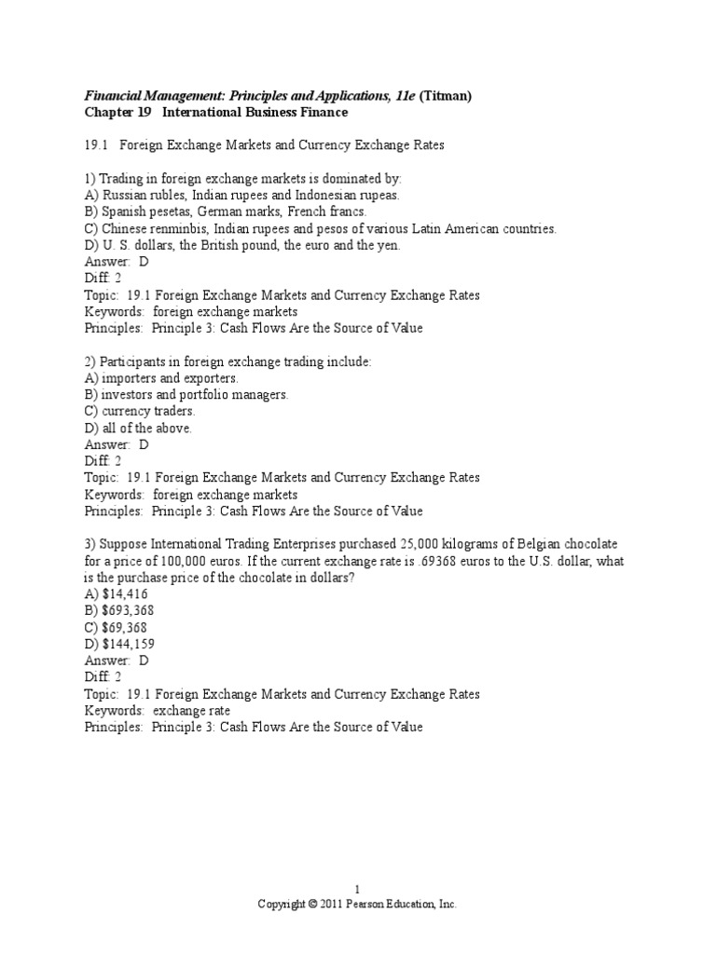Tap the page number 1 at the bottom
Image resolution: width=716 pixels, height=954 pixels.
pos(357,890)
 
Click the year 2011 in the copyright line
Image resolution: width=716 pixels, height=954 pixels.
pos(333,905)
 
